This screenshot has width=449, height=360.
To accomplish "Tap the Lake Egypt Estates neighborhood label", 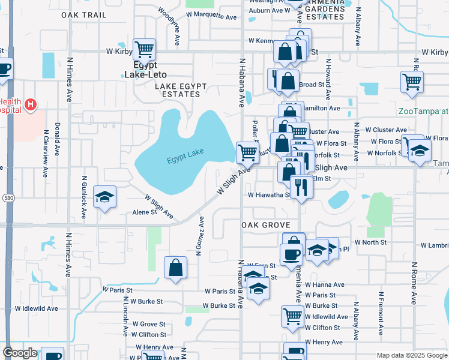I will pos(177,90).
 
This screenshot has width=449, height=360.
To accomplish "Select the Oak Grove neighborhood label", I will pos(266,225).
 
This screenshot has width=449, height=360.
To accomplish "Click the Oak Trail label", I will pos(83,14).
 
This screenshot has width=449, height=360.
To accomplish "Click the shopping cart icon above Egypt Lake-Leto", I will pos(144,49).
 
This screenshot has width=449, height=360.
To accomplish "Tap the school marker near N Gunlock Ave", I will pos(105,198).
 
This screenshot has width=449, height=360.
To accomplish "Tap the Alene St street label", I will pos(145,212).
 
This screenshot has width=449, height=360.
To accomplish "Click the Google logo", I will pos(20,353).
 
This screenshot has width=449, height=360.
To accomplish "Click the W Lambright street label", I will pos(435,245).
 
